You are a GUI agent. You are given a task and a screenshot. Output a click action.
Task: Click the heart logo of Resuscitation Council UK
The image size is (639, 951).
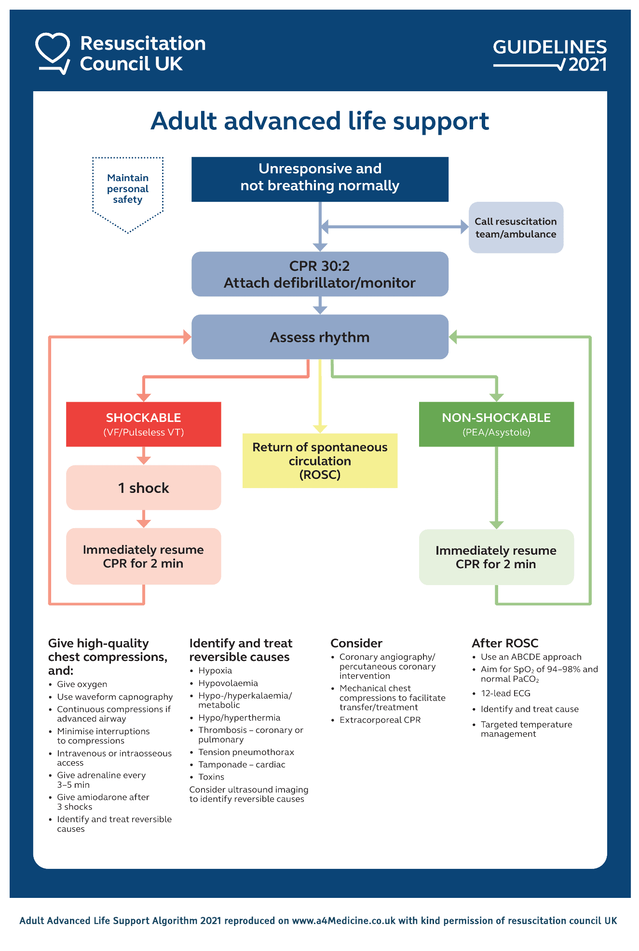53,52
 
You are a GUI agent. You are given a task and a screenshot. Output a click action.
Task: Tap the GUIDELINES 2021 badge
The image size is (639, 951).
549,55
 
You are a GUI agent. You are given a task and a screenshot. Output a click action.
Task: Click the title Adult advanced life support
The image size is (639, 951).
320,121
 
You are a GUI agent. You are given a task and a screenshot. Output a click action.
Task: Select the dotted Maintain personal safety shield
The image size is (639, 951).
128,191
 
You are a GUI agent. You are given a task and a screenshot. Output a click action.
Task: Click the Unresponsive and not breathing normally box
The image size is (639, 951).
320,179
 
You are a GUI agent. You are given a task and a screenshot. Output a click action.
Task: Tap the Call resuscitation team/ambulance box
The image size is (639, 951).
516,227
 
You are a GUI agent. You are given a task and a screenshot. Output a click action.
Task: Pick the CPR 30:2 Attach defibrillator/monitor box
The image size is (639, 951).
320,274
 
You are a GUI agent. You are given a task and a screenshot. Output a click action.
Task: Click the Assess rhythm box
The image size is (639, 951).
320,337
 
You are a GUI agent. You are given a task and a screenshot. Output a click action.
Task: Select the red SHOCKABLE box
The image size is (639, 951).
143,424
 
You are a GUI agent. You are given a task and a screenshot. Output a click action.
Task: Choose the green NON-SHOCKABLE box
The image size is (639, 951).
496,424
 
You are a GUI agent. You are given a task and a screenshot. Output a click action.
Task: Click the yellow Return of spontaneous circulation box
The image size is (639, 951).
320,461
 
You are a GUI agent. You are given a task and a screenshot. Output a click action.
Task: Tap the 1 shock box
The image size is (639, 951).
143,488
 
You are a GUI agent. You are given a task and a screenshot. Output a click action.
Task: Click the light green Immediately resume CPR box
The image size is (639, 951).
496,557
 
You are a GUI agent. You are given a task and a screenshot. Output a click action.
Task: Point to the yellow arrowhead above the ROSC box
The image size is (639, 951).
320,429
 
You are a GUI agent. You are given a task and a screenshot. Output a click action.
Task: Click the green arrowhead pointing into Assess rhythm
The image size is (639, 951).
453,337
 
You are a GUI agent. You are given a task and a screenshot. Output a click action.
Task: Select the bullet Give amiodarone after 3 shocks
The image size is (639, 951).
103,802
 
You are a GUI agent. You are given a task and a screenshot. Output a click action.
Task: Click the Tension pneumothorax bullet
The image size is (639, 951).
246,752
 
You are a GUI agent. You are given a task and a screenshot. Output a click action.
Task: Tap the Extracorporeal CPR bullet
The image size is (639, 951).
380,720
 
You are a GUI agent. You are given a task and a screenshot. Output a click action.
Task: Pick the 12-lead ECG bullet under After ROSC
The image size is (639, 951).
505,693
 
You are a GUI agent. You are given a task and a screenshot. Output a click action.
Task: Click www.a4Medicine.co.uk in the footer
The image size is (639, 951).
343,921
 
